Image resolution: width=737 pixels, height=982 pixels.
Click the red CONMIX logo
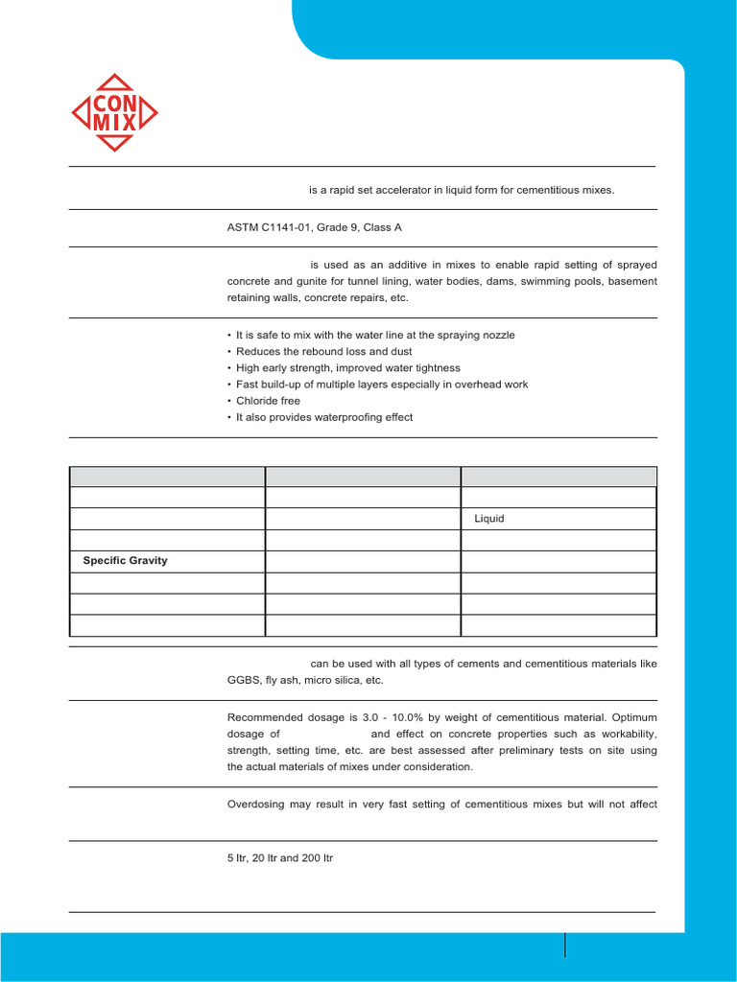(x=115, y=112)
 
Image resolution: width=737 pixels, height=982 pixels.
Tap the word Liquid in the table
(x=489, y=519)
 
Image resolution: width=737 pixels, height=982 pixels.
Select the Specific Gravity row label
(x=124, y=560)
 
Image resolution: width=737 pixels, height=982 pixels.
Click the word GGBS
(x=243, y=679)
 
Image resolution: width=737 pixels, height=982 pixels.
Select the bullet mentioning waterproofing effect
(x=324, y=417)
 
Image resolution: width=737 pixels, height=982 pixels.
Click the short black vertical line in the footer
(x=565, y=945)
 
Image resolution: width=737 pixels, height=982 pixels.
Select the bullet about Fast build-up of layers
(x=382, y=384)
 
